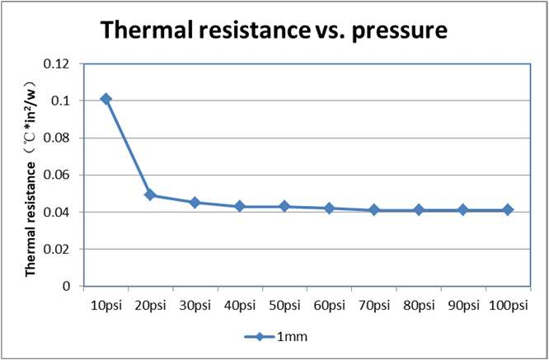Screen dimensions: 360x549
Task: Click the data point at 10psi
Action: pos(106,99)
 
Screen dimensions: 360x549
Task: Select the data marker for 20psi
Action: pos(150,194)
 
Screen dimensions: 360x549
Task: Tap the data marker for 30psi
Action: pos(195,202)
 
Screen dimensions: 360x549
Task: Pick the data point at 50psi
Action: pos(284,206)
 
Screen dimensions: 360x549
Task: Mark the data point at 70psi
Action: pos(373,210)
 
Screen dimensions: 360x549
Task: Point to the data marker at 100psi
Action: pos(508,209)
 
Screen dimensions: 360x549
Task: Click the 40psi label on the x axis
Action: pos(240,306)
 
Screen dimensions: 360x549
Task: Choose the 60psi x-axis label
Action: pos(329,306)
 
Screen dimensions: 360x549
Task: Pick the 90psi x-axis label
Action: pos(462,306)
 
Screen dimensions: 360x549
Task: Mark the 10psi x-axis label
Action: pos(106,306)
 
